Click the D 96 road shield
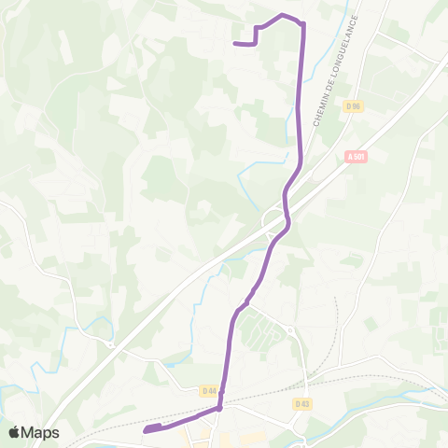click(x=352, y=105)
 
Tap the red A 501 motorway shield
click(x=356, y=156)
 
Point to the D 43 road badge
click(x=301, y=403)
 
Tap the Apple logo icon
click(x=16, y=432)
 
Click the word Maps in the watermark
click(x=41, y=432)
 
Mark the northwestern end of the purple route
click(x=233, y=43)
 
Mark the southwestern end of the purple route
click(x=146, y=430)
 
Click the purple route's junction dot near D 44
click(x=219, y=408)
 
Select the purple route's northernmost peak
click(x=283, y=15)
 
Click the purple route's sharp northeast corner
click(x=302, y=23)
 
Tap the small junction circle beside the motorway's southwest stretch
click(x=110, y=344)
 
